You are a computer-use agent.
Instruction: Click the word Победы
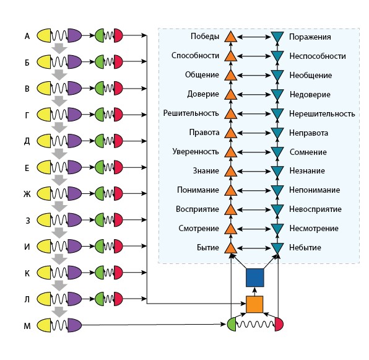tap(205, 37)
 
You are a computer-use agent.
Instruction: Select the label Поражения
tap(310, 37)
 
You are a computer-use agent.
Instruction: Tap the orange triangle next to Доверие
tap(230, 94)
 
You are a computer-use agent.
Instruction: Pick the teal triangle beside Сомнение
tap(277, 152)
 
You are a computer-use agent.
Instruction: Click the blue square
tap(255, 278)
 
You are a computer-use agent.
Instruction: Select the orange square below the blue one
tap(254, 304)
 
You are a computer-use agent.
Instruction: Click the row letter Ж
tap(27, 194)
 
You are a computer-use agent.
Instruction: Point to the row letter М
tap(27, 326)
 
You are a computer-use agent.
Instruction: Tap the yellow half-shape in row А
tap(44, 35)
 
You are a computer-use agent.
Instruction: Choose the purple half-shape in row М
tap(74, 325)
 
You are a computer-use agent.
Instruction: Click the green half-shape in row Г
tap(100, 115)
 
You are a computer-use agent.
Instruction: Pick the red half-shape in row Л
tap(118, 299)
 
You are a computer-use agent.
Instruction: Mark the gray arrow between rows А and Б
tap(59, 48)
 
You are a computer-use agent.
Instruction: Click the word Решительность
tap(191, 113)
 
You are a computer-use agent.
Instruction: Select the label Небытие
tap(305, 248)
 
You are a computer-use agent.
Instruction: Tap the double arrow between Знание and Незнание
tap(254, 172)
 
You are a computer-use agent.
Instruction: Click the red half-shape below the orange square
tap(279, 324)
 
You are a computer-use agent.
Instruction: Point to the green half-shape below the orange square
tap(232, 324)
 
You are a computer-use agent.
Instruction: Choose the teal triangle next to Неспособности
tap(277, 56)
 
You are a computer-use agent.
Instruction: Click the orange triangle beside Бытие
tap(230, 248)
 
